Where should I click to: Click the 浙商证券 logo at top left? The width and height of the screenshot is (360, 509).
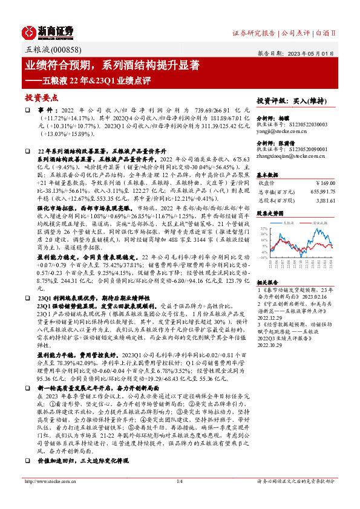(x=48, y=31)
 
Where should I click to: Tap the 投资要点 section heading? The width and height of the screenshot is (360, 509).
(x=41, y=97)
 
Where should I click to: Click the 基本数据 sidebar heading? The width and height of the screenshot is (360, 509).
(x=269, y=173)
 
